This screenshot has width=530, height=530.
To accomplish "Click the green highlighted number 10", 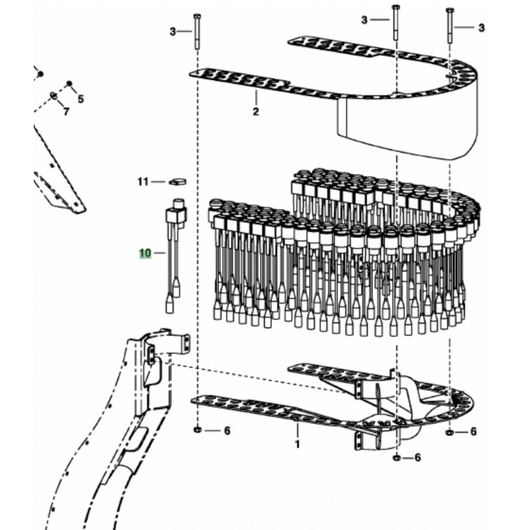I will (x=145, y=252).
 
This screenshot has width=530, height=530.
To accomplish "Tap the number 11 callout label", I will (x=142, y=181).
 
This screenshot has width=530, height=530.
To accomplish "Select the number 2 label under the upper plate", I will (x=256, y=111).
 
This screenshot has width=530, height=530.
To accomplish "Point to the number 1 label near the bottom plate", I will (x=297, y=443).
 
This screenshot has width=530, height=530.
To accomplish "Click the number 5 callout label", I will (x=81, y=99).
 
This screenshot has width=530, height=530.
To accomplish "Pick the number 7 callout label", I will (x=66, y=111).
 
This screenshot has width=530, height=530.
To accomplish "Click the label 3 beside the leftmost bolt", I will (x=173, y=31).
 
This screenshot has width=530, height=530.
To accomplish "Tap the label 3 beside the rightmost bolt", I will (x=482, y=27).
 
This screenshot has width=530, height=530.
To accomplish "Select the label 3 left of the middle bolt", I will (x=364, y=21).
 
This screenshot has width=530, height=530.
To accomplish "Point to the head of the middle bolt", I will (x=396, y=7).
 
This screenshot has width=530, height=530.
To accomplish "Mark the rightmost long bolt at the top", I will (x=451, y=30).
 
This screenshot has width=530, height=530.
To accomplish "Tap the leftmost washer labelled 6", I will (x=198, y=431).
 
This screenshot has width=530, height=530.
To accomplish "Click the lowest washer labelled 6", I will (x=396, y=457).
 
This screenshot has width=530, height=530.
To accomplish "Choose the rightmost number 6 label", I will (x=473, y=431).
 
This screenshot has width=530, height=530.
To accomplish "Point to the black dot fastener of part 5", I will (x=68, y=85).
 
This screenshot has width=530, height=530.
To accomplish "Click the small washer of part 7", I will (x=53, y=95).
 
